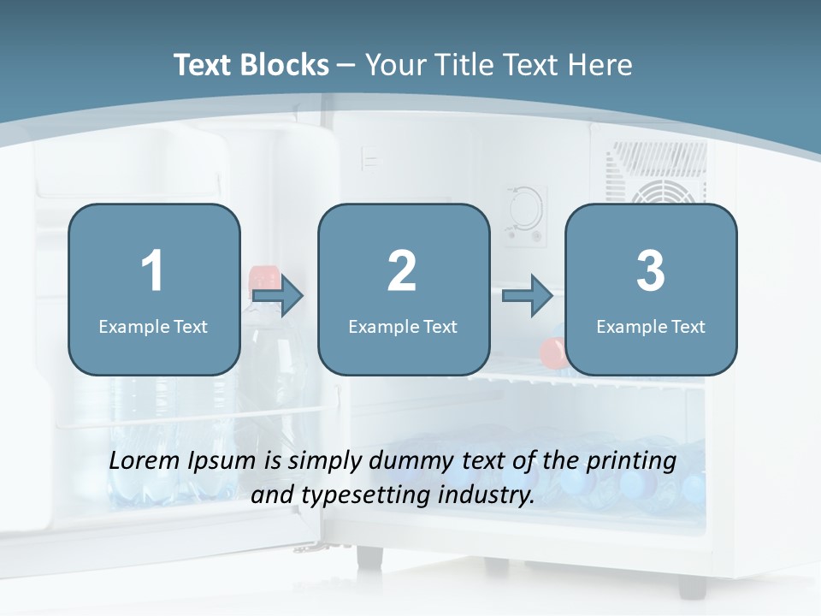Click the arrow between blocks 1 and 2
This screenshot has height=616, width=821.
tap(279, 296)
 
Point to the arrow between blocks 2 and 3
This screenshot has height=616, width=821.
tap(528, 296)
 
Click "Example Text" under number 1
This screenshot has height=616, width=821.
tap(153, 326)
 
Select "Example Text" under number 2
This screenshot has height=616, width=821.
tap(403, 326)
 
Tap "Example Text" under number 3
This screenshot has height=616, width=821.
tap(651, 326)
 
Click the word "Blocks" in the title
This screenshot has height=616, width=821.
tap(286, 65)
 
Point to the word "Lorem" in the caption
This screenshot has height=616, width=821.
tap(145, 460)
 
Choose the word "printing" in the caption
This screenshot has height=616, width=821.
tap(630, 461)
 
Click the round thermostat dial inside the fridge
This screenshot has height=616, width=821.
tap(523, 207)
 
